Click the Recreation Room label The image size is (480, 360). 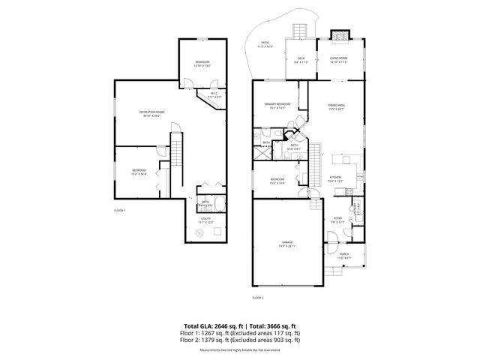(152, 113)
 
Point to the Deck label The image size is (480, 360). (301, 58)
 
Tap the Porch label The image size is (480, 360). (343, 256)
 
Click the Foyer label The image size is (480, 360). (337, 220)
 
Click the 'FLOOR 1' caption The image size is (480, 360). (119, 211)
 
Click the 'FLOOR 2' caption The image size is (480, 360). (257, 298)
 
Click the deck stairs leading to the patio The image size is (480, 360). (300, 31)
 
